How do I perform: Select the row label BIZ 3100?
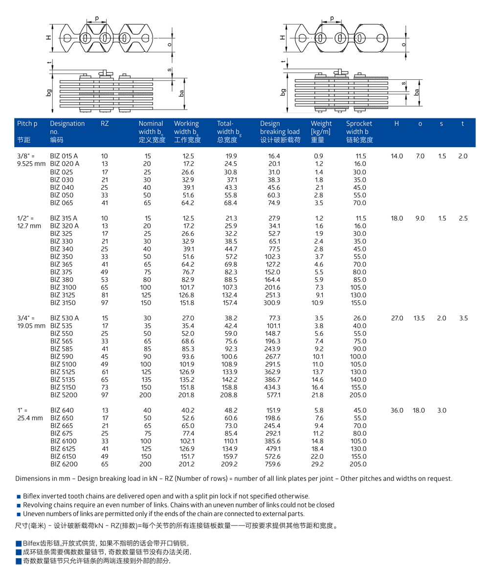point(63,287)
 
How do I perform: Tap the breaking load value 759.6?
point(273,464)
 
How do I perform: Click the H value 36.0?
point(397,410)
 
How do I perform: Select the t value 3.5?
point(463,318)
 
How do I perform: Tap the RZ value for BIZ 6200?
point(105,464)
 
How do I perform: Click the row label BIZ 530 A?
point(65,318)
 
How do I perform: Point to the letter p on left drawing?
point(96,19)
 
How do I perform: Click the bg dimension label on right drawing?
point(284,91)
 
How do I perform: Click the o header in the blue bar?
point(420,124)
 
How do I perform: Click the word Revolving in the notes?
point(39,505)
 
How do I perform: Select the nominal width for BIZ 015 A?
point(147,156)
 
